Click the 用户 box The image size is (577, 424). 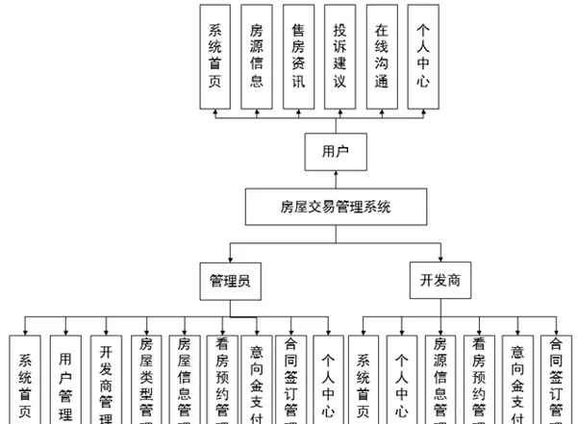(334, 152)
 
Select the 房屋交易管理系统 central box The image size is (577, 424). (336, 206)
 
